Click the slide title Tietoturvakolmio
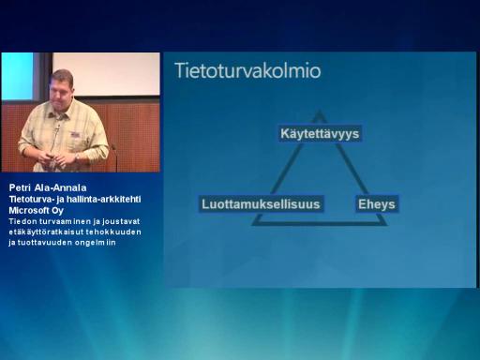(x=247, y=70)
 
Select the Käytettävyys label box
(x=320, y=134)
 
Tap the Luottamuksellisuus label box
(x=261, y=204)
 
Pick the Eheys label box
(x=377, y=204)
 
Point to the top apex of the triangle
(x=319, y=110)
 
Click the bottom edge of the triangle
(x=320, y=223)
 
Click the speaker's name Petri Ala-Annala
(x=48, y=187)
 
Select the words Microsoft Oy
(x=37, y=210)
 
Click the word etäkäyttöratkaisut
(x=46, y=232)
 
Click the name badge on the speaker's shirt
(x=75, y=135)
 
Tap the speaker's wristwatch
(x=77, y=157)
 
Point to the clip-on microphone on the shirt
(x=57, y=127)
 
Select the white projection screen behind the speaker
(x=106, y=74)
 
